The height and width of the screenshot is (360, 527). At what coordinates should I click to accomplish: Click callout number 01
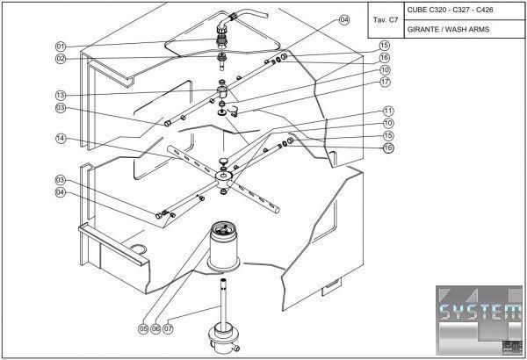click(61, 46)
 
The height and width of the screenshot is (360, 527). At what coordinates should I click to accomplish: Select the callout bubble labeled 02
click(61, 59)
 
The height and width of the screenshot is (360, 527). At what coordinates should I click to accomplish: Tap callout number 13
click(61, 95)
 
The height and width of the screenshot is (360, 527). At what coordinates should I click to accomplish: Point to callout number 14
click(61, 138)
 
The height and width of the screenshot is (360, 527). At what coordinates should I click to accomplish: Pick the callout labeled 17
click(385, 82)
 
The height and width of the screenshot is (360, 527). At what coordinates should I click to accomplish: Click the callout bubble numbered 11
click(387, 111)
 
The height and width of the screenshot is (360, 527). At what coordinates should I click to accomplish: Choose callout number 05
click(142, 328)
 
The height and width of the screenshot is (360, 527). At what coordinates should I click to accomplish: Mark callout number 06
click(155, 328)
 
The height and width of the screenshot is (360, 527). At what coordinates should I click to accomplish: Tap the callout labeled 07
click(169, 328)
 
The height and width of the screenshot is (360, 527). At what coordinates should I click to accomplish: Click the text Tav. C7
click(386, 18)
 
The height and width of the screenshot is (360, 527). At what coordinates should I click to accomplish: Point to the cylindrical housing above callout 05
click(225, 250)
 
